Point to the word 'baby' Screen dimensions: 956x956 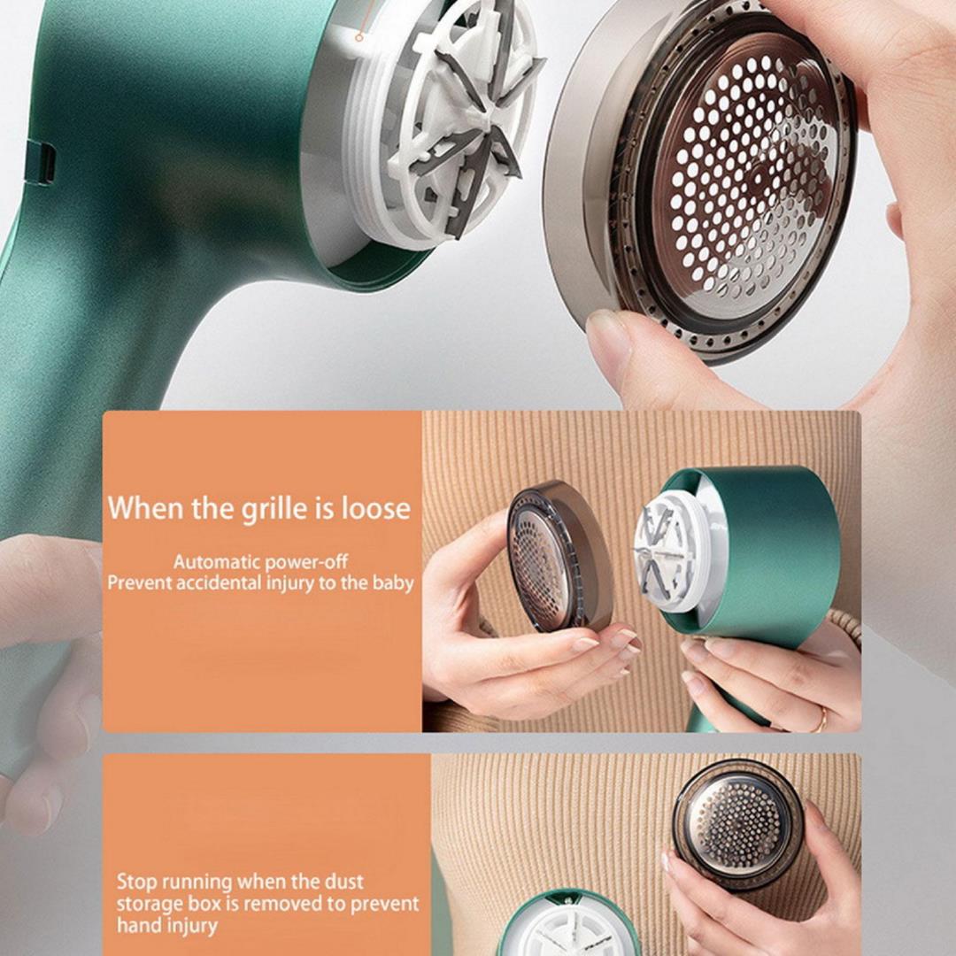(x=394, y=583)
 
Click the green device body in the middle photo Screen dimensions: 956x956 (x=779, y=549)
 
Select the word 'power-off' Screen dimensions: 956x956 (x=311, y=561)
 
